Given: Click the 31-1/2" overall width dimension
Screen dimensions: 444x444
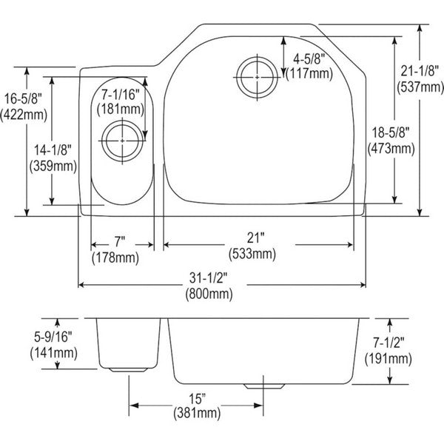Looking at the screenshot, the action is [x=208, y=277].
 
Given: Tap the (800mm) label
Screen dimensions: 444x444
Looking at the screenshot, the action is [x=209, y=294].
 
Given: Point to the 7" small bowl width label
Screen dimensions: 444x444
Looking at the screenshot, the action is [x=120, y=242].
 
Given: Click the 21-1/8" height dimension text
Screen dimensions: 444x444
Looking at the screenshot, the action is [x=420, y=70].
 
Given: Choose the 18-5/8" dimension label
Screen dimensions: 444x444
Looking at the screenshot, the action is [x=391, y=132].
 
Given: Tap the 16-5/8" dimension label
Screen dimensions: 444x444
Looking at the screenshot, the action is [x=23, y=99].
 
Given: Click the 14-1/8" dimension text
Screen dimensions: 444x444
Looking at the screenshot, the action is [x=53, y=150].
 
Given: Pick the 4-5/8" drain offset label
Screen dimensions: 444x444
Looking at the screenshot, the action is [x=309, y=59].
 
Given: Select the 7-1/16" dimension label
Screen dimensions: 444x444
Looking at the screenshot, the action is [x=121, y=94].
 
